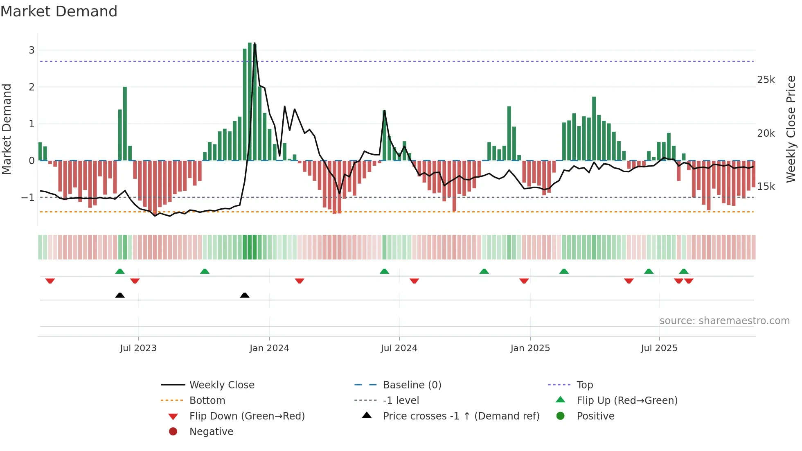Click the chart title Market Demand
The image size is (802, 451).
(x=59, y=11)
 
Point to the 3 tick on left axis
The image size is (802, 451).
(x=32, y=50)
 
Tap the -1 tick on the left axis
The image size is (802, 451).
(x=28, y=198)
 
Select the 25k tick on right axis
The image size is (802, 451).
(x=766, y=80)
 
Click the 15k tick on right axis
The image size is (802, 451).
(x=766, y=187)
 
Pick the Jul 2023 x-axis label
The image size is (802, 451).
(x=138, y=348)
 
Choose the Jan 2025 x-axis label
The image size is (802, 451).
(x=530, y=348)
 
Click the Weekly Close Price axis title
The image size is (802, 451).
(x=791, y=129)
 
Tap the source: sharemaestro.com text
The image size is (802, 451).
(x=724, y=321)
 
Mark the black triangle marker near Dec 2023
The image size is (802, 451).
(x=245, y=295)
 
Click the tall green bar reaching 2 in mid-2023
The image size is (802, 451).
(x=125, y=123)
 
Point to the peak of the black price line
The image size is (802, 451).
(x=255, y=43)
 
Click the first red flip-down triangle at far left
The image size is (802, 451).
(x=50, y=281)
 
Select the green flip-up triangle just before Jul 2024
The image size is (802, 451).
(x=384, y=271)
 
